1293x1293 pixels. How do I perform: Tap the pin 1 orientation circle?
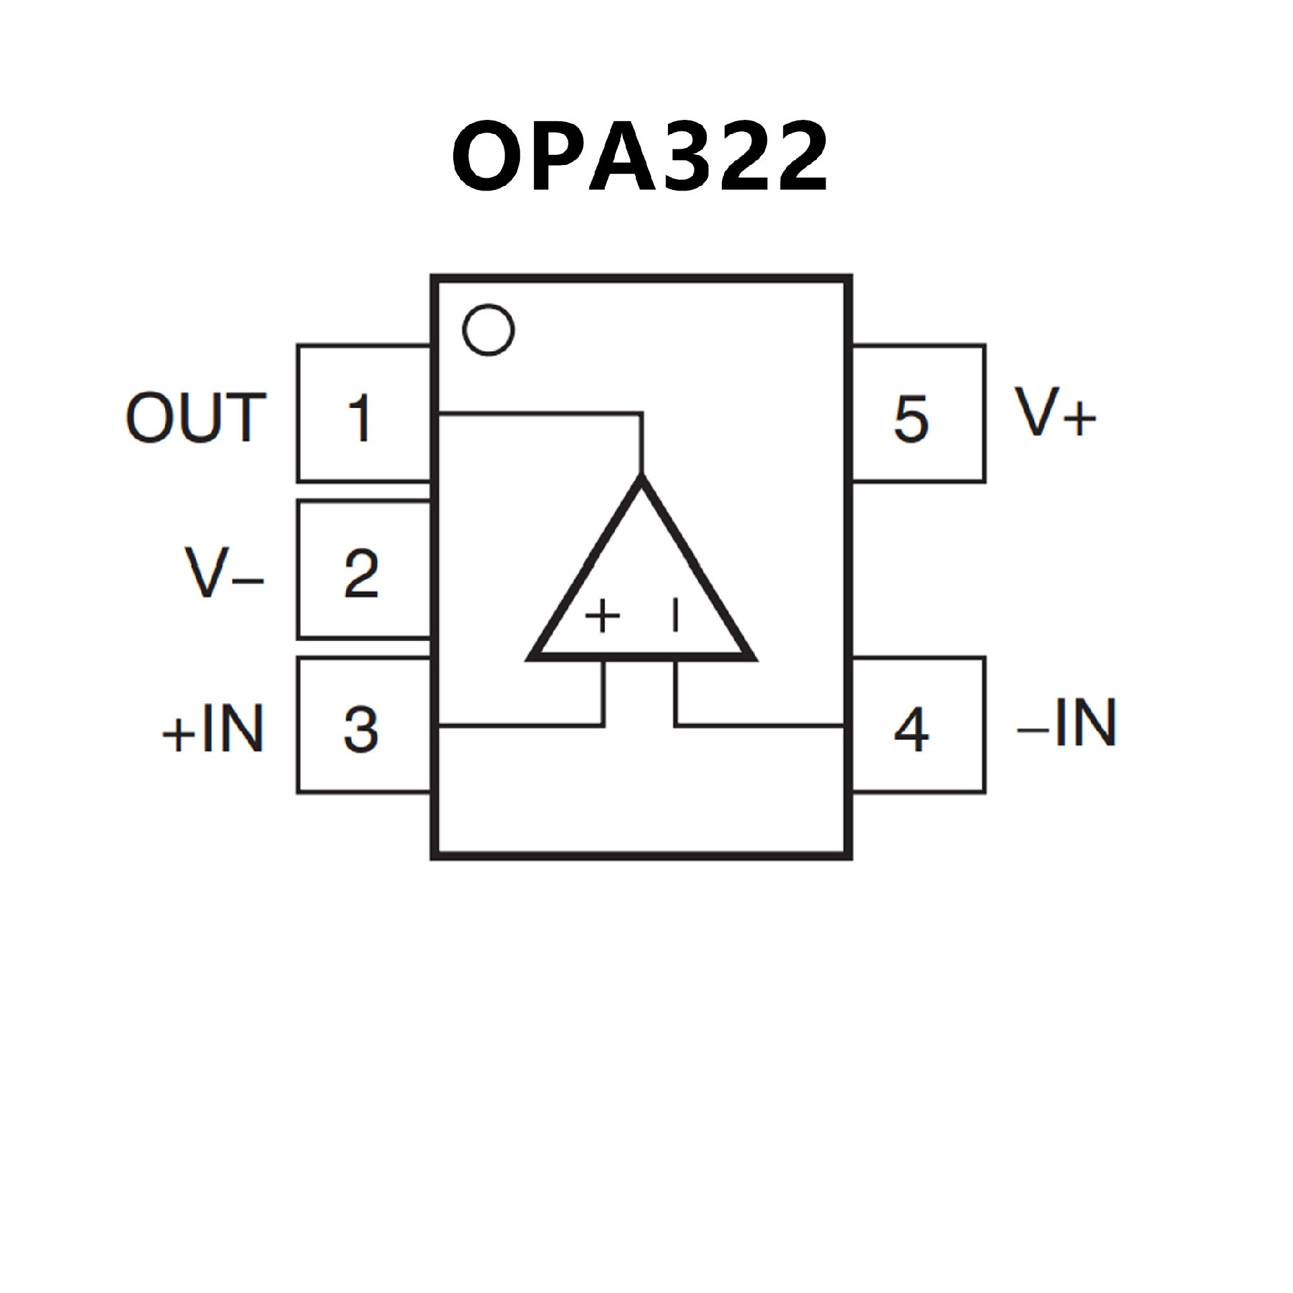coord(489,330)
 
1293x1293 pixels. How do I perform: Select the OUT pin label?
coord(196,418)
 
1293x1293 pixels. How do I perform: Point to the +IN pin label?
coord(213,729)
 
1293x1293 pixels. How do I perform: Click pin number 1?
coord(360,418)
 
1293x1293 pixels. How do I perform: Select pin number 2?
coord(362,573)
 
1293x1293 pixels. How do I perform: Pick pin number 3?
coord(362,729)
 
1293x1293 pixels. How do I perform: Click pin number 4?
coord(912,729)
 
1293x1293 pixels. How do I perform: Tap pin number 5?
coord(911,418)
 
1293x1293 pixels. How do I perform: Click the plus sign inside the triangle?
coord(602,616)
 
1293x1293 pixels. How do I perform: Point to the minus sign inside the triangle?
coord(675,616)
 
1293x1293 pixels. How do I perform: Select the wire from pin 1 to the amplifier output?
coord(539,413)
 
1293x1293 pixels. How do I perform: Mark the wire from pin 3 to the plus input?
coord(519,725)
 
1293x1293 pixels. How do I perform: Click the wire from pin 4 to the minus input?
coord(761,725)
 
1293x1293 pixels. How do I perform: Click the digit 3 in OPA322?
coord(685,156)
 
